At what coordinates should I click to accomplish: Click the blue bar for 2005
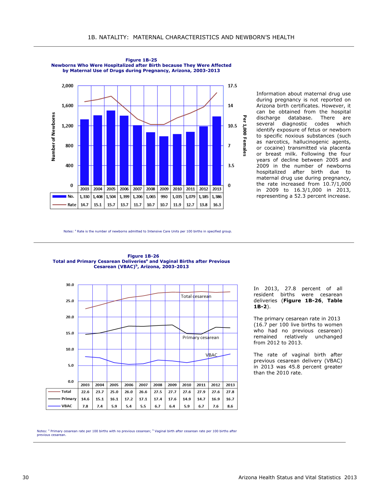click(x=111, y=148)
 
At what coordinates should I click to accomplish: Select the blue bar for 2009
click(x=164, y=161)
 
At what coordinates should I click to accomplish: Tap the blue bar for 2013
click(x=217, y=151)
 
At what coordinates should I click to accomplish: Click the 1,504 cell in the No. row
click(x=111, y=197)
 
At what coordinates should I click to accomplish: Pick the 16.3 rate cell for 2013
click(x=217, y=205)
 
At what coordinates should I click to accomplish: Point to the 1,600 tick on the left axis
click(x=67, y=106)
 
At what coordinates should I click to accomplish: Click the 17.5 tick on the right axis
click(x=233, y=86)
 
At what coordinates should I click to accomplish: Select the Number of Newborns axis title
click(x=54, y=137)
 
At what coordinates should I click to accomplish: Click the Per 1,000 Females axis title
click(x=245, y=136)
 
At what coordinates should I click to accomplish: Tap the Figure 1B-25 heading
click(x=141, y=60)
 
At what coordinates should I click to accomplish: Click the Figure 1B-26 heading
click(x=143, y=256)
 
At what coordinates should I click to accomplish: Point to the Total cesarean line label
click(x=196, y=296)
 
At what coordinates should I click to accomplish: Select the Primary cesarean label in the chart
click(x=201, y=337)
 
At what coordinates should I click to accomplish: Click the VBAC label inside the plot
click(x=211, y=355)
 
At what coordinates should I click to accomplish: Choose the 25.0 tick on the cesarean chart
click(x=70, y=301)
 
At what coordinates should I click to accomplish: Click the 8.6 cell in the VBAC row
click(x=230, y=406)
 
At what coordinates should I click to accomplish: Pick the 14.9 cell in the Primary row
click(x=187, y=399)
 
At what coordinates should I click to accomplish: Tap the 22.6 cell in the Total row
click(x=85, y=392)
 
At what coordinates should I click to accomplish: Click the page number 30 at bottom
click(x=25, y=478)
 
